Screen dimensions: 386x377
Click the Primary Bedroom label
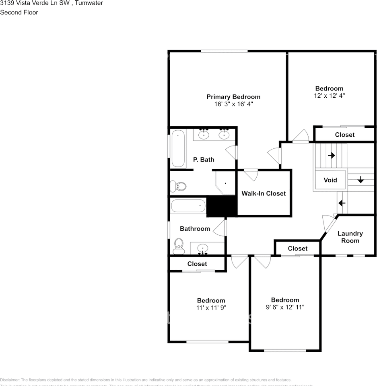pos(233,97)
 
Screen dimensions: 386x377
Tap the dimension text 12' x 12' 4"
pos(329,96)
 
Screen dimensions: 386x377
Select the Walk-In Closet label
pos(264,193)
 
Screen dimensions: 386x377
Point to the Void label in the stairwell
pos(330,180)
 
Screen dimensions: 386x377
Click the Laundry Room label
pos(350,237)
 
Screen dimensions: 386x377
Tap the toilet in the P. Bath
pos(179,186)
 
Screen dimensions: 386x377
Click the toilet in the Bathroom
pos(178,246)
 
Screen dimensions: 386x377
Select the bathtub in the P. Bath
pos(178,148)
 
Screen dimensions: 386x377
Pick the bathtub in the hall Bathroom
pos(188,207)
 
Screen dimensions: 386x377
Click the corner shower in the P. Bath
pos(225,183)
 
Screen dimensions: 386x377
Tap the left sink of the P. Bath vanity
pos(204,135)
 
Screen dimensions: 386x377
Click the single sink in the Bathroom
pos(203,248)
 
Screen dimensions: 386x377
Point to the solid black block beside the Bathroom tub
pos(221,207)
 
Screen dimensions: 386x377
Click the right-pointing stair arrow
pos(332,155)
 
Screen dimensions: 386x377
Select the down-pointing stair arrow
pos(361,180)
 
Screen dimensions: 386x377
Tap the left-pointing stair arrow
pos(342,203)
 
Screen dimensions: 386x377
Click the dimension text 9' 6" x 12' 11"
pos(285,307)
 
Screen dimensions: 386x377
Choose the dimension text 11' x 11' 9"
pos(211,308)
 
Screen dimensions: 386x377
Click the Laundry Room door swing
pos(328,224)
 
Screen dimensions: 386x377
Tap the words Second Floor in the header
pos(19,12)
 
